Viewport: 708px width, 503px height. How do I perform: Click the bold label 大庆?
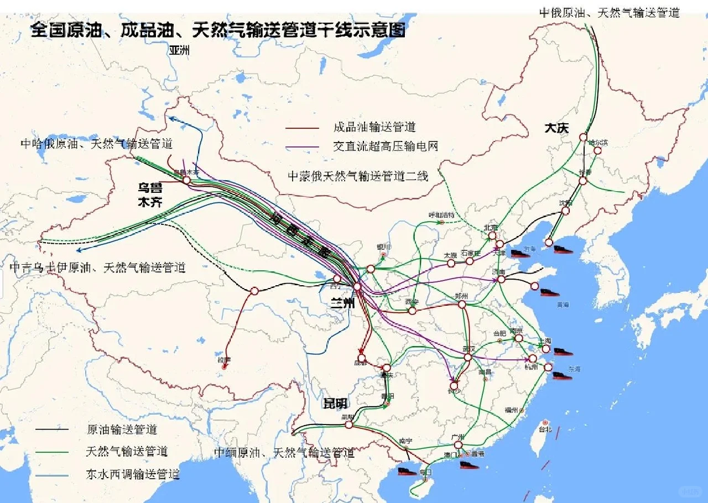pyautogui.click(x=556, y=128)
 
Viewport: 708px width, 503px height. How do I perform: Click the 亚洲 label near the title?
pyautogui.click(x=179, y=50)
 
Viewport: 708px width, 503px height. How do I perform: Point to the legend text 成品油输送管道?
pyautogui.click(x=374, y=127)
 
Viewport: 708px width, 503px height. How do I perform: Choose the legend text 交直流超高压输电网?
pyautogui.click(x=386, y=146)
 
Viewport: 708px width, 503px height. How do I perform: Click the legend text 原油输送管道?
pyautogui.click(x=122, y=429)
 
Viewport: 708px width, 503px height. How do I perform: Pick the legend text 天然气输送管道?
pyautogui.click(x=127, y=452)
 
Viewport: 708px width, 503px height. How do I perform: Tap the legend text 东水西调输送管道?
pyautogui.click(x=133, y=474)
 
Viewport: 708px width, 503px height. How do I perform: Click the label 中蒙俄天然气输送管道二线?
pyautogui.click(x=358, y=176)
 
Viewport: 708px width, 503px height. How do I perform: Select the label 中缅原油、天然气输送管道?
pyautogui.click(x=284, y=453)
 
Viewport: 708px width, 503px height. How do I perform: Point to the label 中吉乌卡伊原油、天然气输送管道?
pyautogui.click(x=97, y=268)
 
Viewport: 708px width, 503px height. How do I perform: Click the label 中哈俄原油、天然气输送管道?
pyautogui.click(x=97, y=144)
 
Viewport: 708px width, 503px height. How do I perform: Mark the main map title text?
pyautogui.click(x=218, y=29)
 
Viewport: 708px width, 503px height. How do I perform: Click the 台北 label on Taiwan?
pyautogui.click(x=545, y=429)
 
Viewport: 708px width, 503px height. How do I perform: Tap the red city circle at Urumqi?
pyautogui.click(x=186, y=180)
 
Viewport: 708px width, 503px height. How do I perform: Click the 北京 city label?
pyautogui.click(x=491, y=227)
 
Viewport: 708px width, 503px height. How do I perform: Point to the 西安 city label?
pyautogui.click(x=412, y=302)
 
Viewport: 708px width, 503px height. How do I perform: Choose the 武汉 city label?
pyautogui.click(x=468, y=349)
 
